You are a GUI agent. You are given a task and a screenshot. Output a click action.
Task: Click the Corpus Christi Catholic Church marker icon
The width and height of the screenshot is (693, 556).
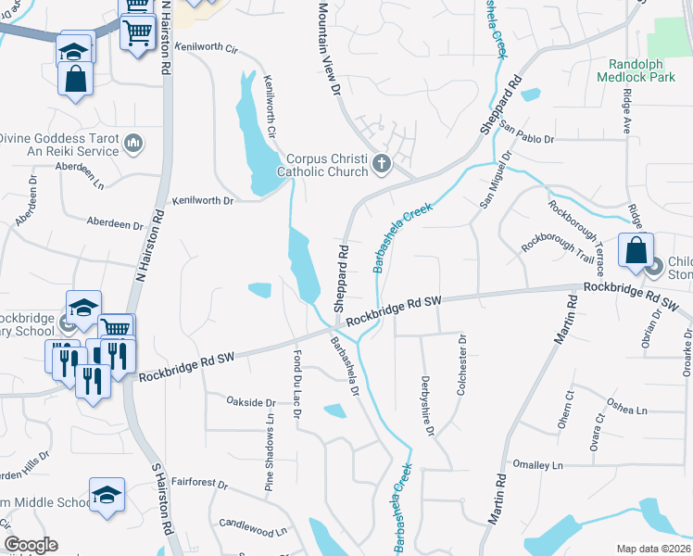382,165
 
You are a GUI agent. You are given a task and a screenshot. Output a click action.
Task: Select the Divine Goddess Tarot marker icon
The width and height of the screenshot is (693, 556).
133,143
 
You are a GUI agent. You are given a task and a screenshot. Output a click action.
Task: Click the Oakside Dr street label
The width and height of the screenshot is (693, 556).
251,403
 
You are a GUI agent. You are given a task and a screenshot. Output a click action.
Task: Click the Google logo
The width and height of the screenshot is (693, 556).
30,545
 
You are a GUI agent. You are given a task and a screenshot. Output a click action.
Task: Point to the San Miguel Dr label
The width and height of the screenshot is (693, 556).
495,180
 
